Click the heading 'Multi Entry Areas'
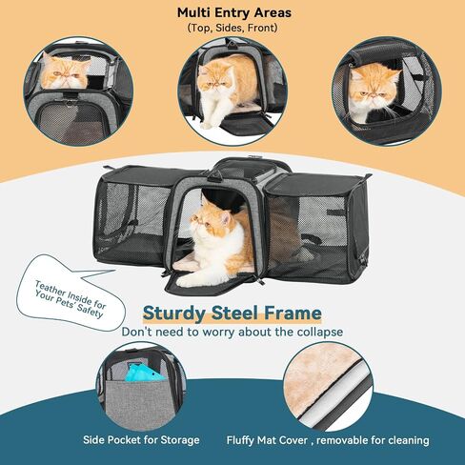(x=234, y=12)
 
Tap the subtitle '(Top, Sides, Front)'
(x=232, y=28)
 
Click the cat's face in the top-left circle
(x=65, y=73)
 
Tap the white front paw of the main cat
(x=188, y=280)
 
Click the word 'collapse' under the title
(x=320, y=332)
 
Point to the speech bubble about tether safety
(x=71, y=293)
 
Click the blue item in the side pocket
(x=144, y=373)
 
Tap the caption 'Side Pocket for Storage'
(x=141, y=440)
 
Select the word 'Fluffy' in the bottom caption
(x=240, y=440)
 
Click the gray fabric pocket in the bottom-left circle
(x=140, y=402)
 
